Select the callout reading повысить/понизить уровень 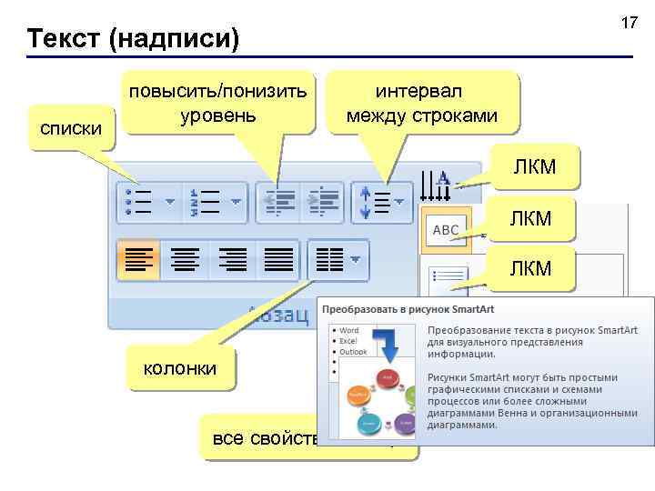tap(218, 104)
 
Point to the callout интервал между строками tap(421, 104)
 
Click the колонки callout tap(179, 368)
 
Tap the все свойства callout tap(264, 438)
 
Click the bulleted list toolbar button tap(146, 202)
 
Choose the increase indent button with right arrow tap(322, 202)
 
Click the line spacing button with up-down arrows tap(381, 202)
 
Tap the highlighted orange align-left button tap(137, 260)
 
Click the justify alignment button tap(278, 260)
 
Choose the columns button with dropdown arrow tap(338, 260)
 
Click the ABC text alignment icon tap(445, 230)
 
